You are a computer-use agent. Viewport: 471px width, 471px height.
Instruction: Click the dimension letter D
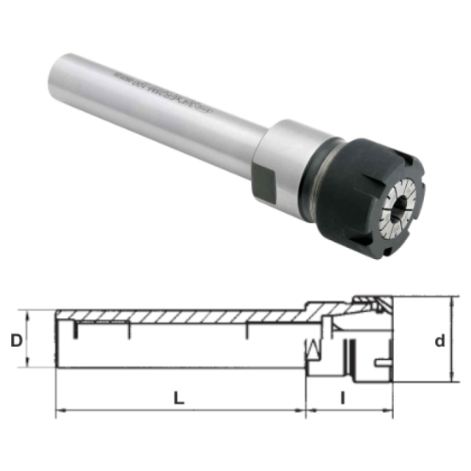[15, 340]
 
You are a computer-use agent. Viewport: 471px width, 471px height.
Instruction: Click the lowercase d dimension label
[439, 341]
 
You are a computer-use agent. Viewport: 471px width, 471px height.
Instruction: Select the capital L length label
[178, 397]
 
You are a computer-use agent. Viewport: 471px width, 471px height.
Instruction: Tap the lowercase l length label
[342, 397]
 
